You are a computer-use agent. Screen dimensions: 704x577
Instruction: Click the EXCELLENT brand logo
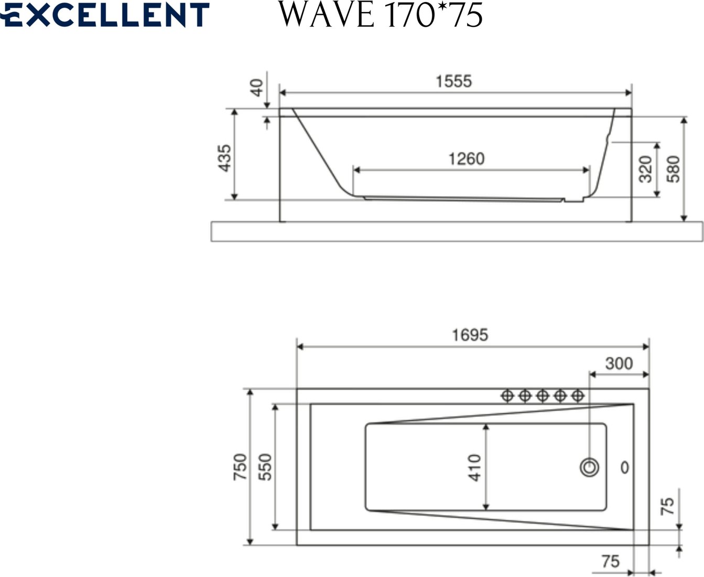pyautogui.click(x=104, y=15)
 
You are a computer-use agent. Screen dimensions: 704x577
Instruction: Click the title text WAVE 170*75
pyautogui.click(x=381, y=15)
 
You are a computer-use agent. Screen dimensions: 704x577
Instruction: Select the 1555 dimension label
pyautogui.click(x=454, y=81)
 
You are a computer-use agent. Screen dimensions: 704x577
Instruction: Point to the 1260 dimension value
pyautogui.click(x=467, y=159)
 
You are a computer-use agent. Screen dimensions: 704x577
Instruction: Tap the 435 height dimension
pyautogui.click(x=225, y=158)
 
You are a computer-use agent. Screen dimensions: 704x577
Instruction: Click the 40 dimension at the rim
pyautogui.click(x=257, y=88)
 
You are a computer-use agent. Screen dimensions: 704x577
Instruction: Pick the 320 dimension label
pyautogui.click(x=645, y=169)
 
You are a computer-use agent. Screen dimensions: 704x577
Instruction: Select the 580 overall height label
pyautogui.click(x=673, y=169)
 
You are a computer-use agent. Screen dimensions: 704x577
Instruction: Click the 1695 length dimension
pyautogui.click(x=470, y=335)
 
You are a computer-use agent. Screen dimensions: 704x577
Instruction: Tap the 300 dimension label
pyautogui.click(x=619, y=364)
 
